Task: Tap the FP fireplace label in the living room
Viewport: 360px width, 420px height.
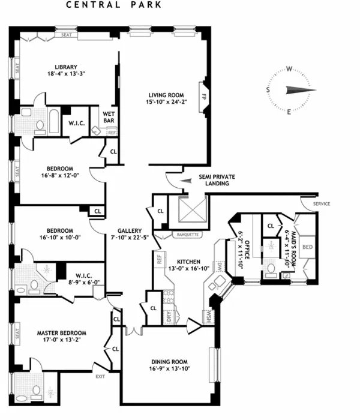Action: click(204, 95)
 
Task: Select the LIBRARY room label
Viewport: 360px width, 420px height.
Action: click(65, 67)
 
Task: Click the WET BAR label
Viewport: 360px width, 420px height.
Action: click(109, 116)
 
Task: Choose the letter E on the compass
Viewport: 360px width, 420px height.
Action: click(289, 112)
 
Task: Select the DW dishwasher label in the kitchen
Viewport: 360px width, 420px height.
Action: click(220, 268)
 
